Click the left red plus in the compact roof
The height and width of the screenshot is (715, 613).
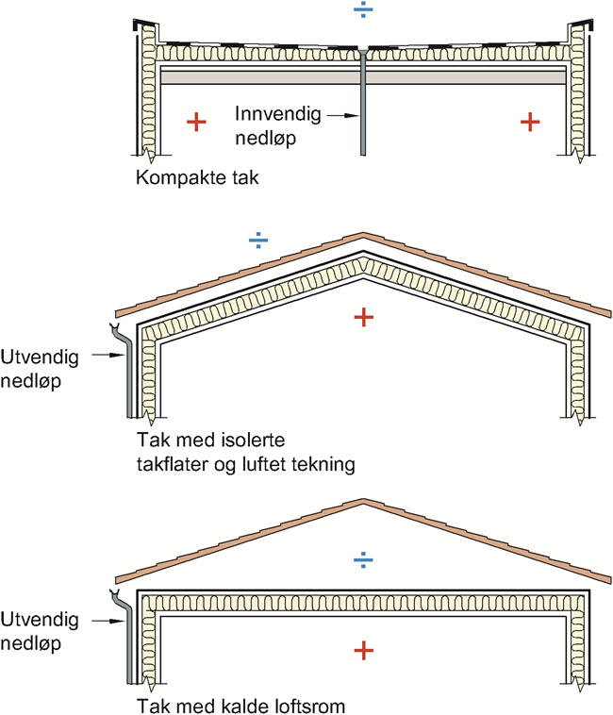(x=195, y=122)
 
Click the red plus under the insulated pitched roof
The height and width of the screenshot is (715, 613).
(x=362, y=317)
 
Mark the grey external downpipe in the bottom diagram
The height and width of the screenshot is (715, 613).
(x=129, y=651)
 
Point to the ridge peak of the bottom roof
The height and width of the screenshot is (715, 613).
(x=363, y=504)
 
